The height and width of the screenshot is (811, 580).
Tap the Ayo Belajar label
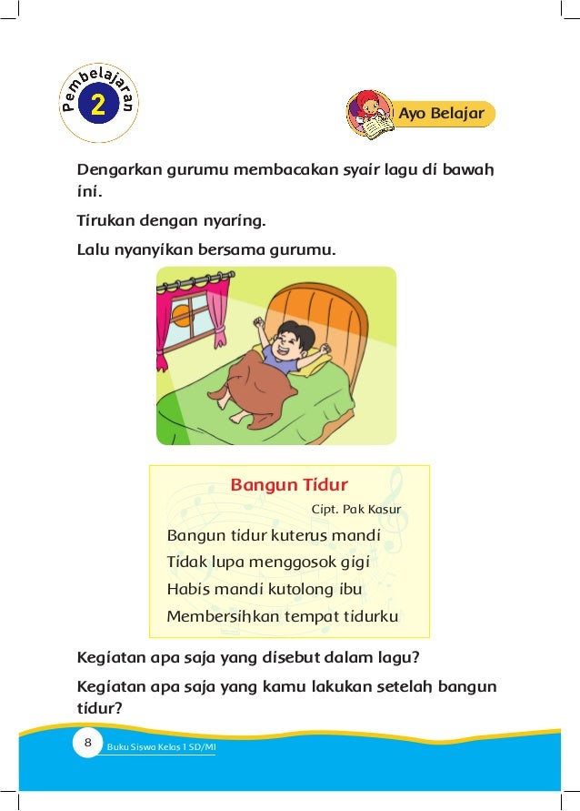coord(442,114)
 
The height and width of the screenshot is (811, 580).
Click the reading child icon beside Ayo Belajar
coord(369,115)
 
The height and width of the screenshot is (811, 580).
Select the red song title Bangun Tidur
coord(289,483)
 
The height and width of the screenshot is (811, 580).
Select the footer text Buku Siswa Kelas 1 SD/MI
coord(161,747)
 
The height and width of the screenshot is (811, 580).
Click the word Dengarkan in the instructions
coord(116,170)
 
